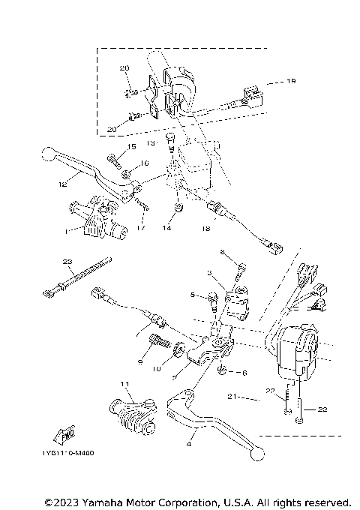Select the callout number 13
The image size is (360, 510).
(150, 142)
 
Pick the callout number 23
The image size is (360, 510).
(67, 261)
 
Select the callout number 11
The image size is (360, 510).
(124, 385)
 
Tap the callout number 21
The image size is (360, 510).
(232, 397)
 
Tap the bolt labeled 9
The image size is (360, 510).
(159, 346)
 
